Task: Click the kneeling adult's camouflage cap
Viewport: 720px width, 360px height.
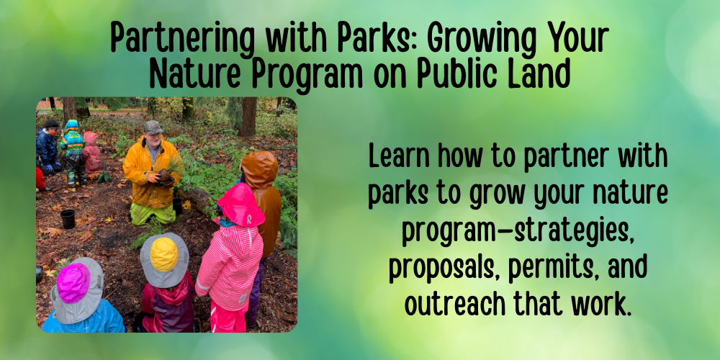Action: click(153, 127)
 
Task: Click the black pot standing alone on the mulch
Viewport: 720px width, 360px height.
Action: click(68, 219)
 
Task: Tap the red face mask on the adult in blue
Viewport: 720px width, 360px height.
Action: click(54, 132)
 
